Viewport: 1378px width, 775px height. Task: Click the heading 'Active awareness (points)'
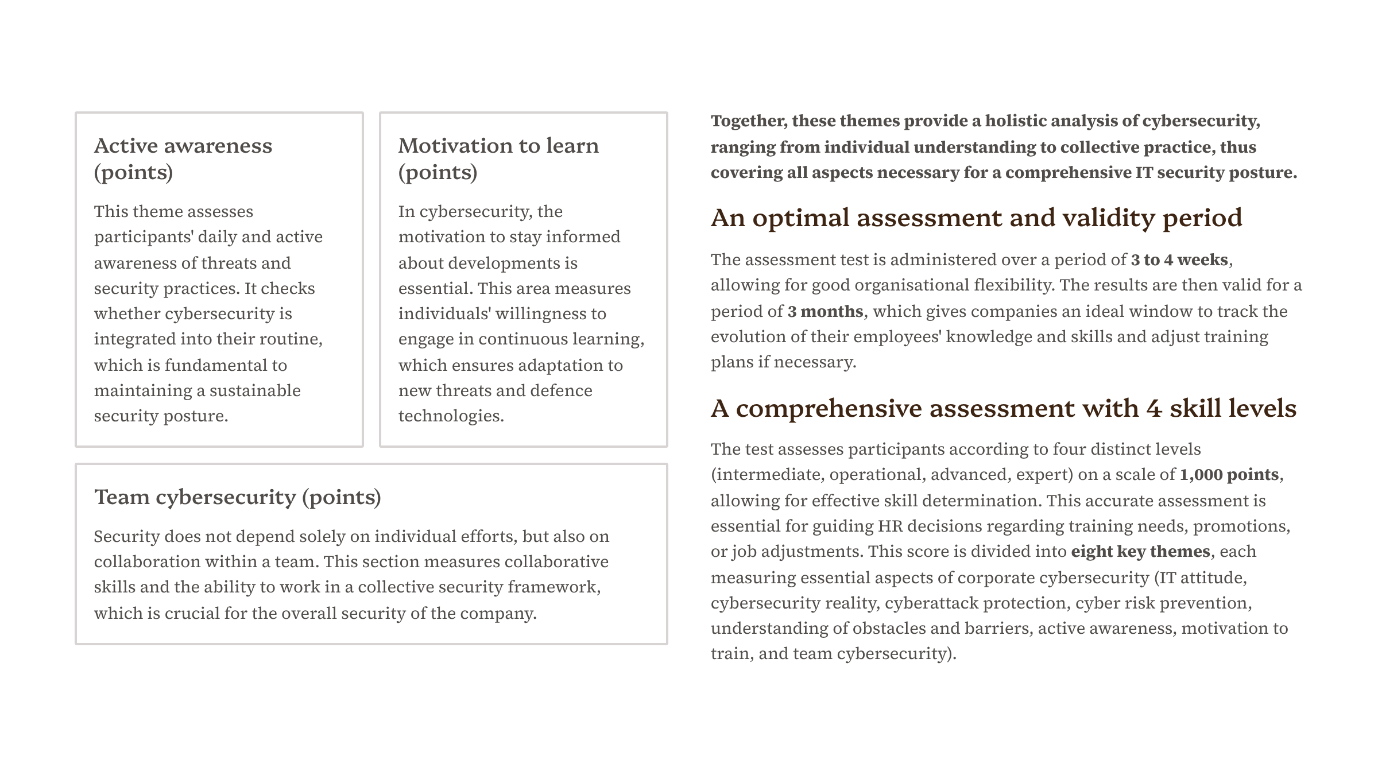click(x=183, y=158)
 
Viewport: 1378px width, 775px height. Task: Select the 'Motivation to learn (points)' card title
click(x=498, y=158)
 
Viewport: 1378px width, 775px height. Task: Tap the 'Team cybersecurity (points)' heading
click(x=237, y=497)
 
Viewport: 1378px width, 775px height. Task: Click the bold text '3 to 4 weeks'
click(x=1179, y=260)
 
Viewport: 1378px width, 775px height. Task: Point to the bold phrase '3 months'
click(x=825, y=311)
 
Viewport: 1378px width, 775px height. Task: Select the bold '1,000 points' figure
click(x=1229, y=475)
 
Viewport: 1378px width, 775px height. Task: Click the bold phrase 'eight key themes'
click(x=1140, y=552)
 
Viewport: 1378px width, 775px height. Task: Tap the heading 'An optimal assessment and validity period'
click(x=976, y=218)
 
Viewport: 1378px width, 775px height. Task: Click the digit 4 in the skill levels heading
click(x=1154, y=409)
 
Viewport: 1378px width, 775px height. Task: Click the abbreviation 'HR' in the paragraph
click(x=889, y=526)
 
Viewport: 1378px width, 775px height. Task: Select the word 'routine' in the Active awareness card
click(x=289, y=339)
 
